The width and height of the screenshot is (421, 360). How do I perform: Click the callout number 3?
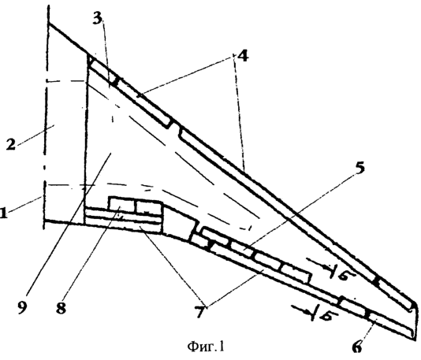point(98,18)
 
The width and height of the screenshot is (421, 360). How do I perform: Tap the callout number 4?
point(241,56)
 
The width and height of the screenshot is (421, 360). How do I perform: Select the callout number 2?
point(10,145)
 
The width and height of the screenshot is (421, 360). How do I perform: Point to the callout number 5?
point(360,168)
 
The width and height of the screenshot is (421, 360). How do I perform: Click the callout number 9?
point(22,306)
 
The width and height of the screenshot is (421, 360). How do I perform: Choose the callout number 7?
point(199,311)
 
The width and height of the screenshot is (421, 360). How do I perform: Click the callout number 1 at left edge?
point(2,213)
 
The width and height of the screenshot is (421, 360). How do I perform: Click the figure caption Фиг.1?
point(206,347)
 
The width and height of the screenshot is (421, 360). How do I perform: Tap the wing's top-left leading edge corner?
point(49,24)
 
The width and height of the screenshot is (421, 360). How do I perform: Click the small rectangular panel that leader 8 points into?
point(121,206)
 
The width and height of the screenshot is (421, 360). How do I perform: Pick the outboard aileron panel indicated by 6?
point(389,324)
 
